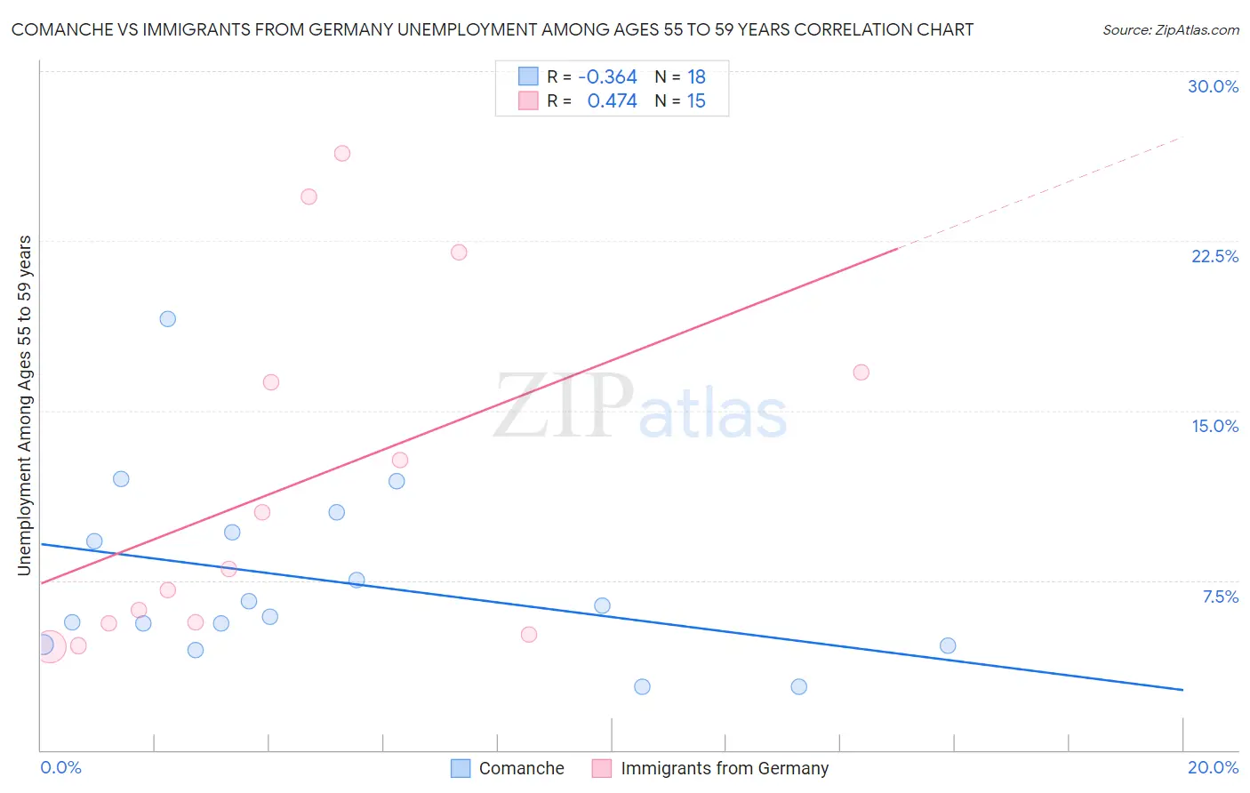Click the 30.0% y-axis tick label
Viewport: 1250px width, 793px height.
point(1213,86)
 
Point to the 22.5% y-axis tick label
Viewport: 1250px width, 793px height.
point(1214,256)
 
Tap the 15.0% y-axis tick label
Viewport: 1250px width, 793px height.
point(1214,426)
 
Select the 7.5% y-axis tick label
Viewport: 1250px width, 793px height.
point(1220,597)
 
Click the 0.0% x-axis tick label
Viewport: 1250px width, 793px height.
point(60,767)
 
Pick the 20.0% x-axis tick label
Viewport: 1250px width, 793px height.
point(1213,767)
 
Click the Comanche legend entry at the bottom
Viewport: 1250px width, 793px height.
point(521,768)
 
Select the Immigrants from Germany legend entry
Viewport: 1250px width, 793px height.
point(724,768)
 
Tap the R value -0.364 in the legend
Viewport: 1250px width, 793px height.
point(607,76)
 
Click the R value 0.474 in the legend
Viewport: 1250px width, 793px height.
point(612,100)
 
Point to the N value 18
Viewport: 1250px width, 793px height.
point(696,76)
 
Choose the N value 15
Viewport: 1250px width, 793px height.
point(696,100)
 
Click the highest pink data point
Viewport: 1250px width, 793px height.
point(342,153)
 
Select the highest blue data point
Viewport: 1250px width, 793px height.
point(168,319)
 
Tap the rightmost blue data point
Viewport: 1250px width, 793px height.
point(948,645)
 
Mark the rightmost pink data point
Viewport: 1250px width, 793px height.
point(861,372)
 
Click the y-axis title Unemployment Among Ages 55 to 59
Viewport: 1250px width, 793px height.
point(25,405)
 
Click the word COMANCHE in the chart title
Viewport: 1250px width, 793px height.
point(63,29)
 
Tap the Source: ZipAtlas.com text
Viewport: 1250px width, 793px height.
point(1170,29)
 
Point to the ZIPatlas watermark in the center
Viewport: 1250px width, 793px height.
point(640,407)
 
